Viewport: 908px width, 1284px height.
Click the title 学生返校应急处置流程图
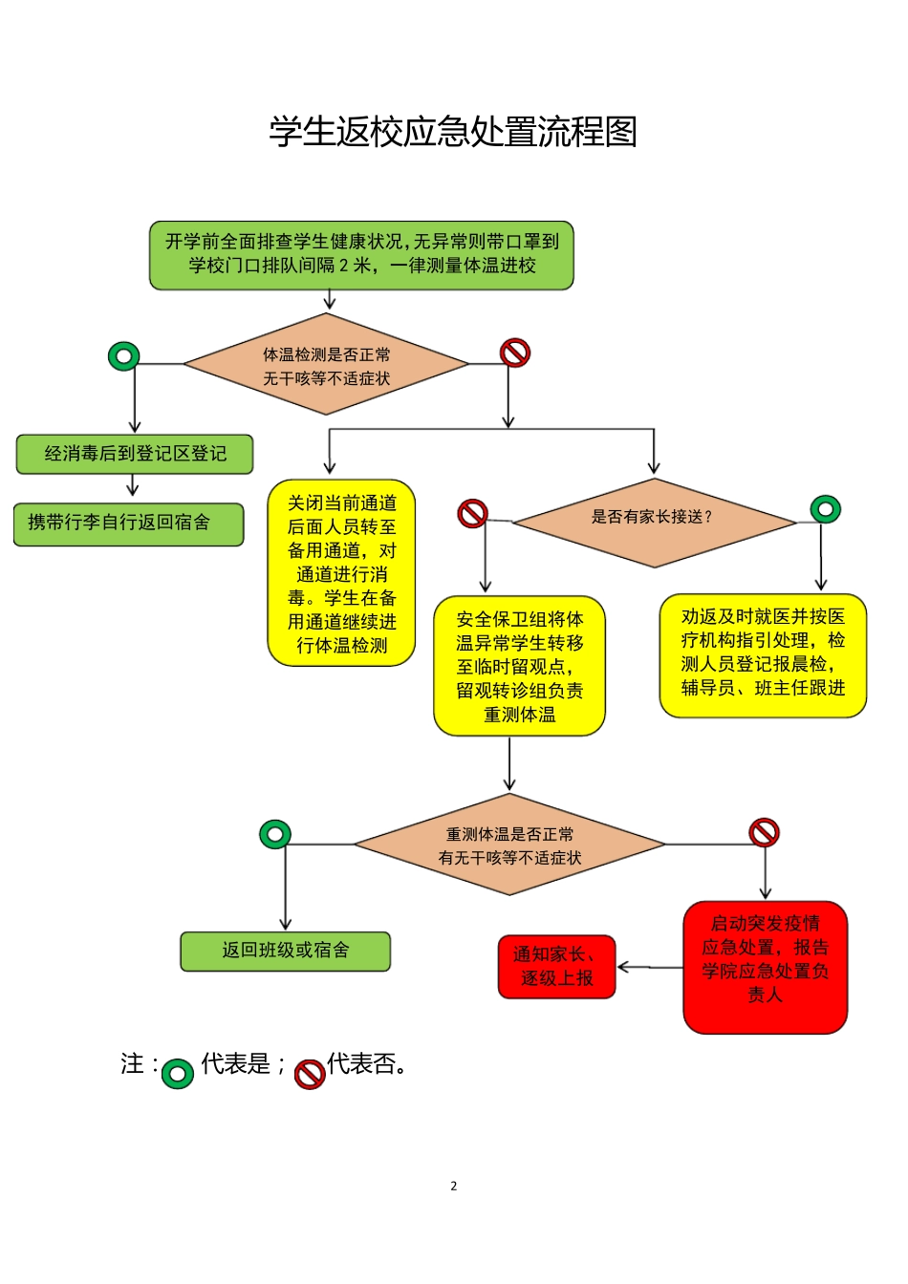453,132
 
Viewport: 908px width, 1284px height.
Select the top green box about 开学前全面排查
361,254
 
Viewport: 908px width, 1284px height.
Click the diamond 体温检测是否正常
326,365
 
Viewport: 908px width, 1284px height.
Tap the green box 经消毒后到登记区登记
135,454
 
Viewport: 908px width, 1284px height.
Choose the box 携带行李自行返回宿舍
128,524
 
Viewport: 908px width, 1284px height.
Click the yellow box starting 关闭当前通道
341,573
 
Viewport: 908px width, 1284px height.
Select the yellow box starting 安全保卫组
519,666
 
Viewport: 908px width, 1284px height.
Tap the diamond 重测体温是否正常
509,845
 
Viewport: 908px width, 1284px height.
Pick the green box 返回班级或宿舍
285,951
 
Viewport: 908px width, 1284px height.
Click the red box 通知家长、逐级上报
556,966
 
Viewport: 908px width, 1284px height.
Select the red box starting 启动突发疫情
765,966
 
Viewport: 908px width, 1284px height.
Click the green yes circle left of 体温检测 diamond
124,356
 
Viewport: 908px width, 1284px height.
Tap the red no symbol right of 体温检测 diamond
515,353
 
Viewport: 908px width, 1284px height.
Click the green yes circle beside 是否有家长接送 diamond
825,508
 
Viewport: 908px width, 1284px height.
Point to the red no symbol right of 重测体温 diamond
764,832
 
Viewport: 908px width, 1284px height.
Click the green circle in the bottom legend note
178,1073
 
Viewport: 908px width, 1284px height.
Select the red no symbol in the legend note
310,1074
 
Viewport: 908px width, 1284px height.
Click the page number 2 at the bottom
454,1186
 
